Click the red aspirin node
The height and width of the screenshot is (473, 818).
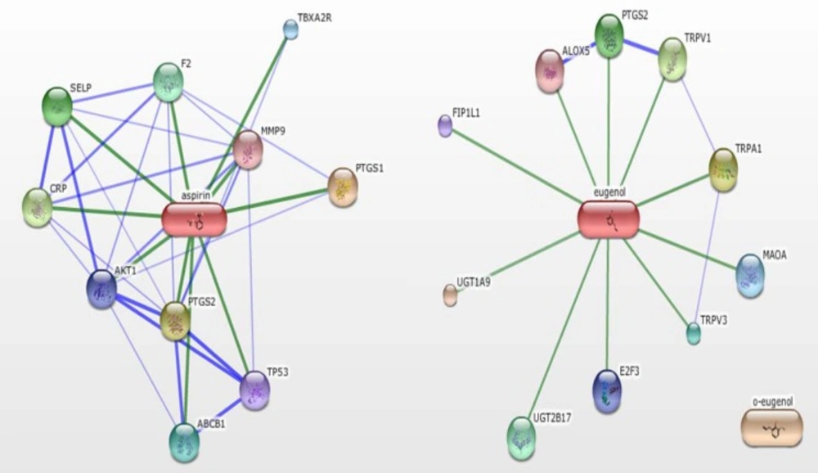(x=194, y=219)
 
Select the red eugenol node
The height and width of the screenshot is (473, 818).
(x=608, y=219)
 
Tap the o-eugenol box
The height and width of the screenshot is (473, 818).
(x=771, y=428)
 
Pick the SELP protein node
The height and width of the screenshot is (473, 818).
(x=56, y=106)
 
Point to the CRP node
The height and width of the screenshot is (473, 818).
(x=37, y=206)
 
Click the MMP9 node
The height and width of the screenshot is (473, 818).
(x=248, y=149)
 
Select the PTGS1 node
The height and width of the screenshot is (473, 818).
(x=343, y=187)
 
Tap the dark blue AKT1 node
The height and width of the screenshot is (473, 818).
(x=102, y=289)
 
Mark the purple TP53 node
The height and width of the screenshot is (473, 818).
(x=255, y=390)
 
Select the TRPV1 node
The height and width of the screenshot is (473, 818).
(x=672, y=60)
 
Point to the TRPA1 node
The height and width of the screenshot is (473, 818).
(x=723, y=169)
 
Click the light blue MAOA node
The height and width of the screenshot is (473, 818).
(x=749, y=274)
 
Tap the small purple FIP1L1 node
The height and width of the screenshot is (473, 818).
(x=445, y=125)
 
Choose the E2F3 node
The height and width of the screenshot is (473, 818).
(x=607, y=390)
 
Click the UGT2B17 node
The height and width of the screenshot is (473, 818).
(x=521, y=437)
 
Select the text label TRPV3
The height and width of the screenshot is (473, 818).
(x=713, y=318)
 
